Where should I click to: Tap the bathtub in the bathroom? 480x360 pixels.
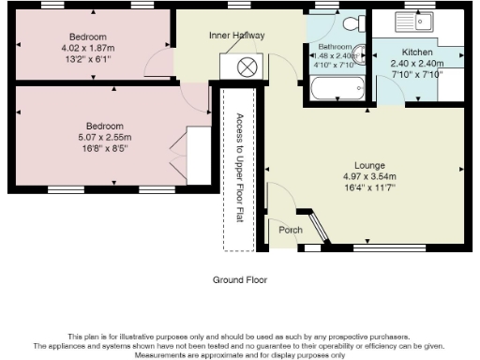337,91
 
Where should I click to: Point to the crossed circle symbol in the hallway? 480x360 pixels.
247,67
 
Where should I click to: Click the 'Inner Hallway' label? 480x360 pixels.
236,36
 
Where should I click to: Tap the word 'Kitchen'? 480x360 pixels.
416,52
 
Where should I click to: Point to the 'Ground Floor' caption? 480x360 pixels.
239,279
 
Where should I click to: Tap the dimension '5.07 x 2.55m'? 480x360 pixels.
105,136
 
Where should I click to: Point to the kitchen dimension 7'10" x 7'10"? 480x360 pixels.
416,73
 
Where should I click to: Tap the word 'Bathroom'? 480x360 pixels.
335,46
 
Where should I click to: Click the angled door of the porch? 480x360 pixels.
317,230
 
